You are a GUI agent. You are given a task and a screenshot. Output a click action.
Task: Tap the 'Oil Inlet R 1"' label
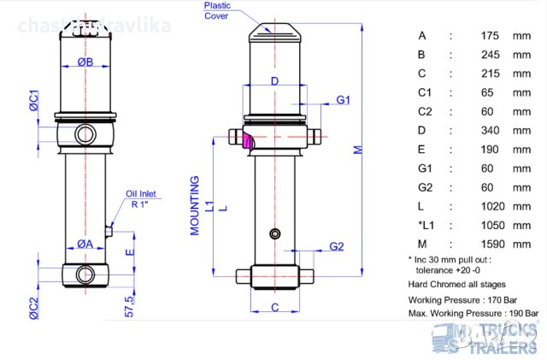(142, 198)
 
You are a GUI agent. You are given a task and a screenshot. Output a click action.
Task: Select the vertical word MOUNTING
(195, 206)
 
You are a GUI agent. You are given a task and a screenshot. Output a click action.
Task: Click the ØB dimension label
(85, 62)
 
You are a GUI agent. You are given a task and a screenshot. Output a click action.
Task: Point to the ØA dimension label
(85, 244)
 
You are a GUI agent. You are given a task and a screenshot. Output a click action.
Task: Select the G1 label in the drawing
(344, 100)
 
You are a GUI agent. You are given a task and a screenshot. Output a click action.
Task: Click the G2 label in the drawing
(337, 247)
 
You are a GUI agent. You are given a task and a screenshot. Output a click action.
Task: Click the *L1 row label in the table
(425, 224)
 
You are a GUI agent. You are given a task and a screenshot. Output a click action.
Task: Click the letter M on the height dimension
(359, 148)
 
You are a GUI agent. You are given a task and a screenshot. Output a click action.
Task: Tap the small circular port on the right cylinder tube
(273, 234)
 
